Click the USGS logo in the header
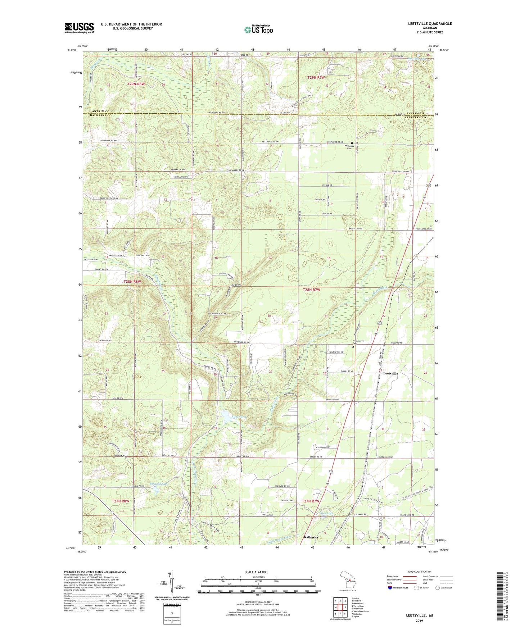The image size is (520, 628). point(79,28)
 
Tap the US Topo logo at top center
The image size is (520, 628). point(258,29)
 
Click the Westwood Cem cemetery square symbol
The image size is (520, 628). point(352,142)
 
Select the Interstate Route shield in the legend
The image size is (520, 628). point(390,588)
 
